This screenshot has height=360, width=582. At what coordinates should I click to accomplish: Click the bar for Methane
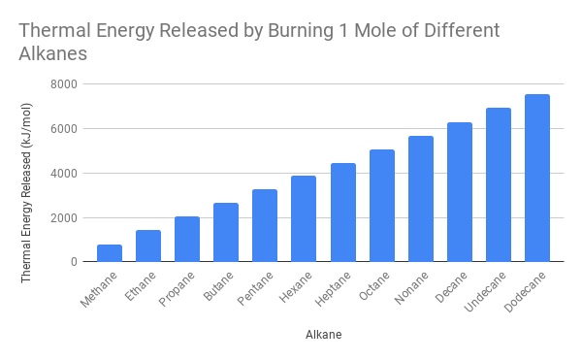pos(110,253)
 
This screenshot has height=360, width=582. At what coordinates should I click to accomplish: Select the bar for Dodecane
pos(537,179)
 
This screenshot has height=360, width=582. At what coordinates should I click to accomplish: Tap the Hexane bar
pos(304,219)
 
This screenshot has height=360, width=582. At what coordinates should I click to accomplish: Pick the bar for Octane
pos(382,206)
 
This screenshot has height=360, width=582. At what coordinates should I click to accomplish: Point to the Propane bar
pos(187,240)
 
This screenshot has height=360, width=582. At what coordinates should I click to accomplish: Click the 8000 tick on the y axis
pos(64,84)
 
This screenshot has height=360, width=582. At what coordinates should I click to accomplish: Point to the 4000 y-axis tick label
pos(64,174)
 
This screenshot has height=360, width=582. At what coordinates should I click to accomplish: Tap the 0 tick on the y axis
pos(74,262)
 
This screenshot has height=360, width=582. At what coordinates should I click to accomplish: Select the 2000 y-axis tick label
pos(64,218)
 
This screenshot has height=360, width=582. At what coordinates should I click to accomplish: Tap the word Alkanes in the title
pos(53,53)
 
